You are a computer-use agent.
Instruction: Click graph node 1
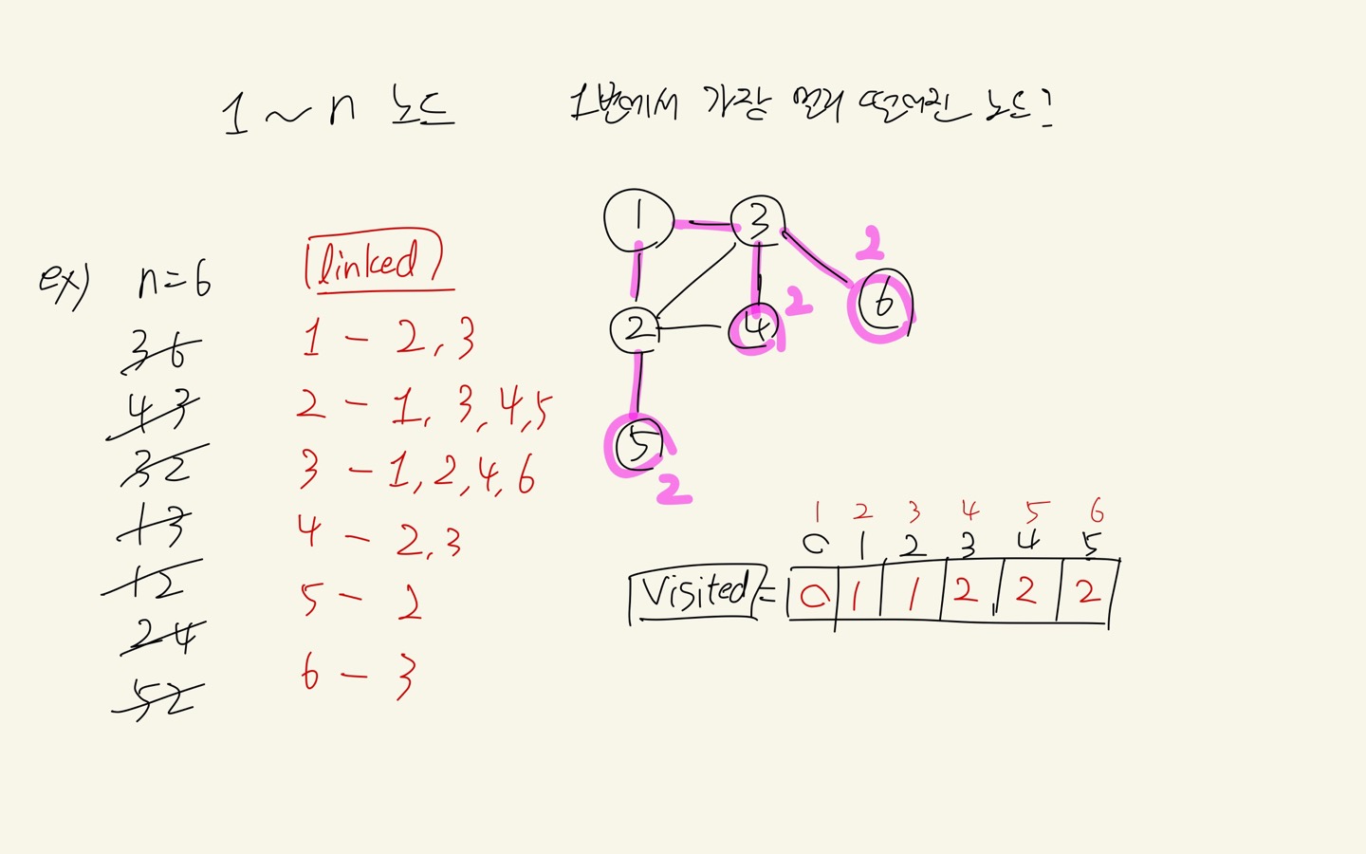pos(638,220)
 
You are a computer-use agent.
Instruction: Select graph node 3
pos(758,222)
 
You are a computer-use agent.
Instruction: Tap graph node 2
pos(637,329)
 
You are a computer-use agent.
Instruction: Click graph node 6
pos(883,303)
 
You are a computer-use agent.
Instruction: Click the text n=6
pos(175,281)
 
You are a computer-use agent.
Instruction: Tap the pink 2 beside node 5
pos(674,490)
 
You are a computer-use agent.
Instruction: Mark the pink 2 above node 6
pos(870,243)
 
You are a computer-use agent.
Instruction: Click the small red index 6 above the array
pos(1097,512)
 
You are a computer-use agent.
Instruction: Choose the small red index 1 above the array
pos(817,513)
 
